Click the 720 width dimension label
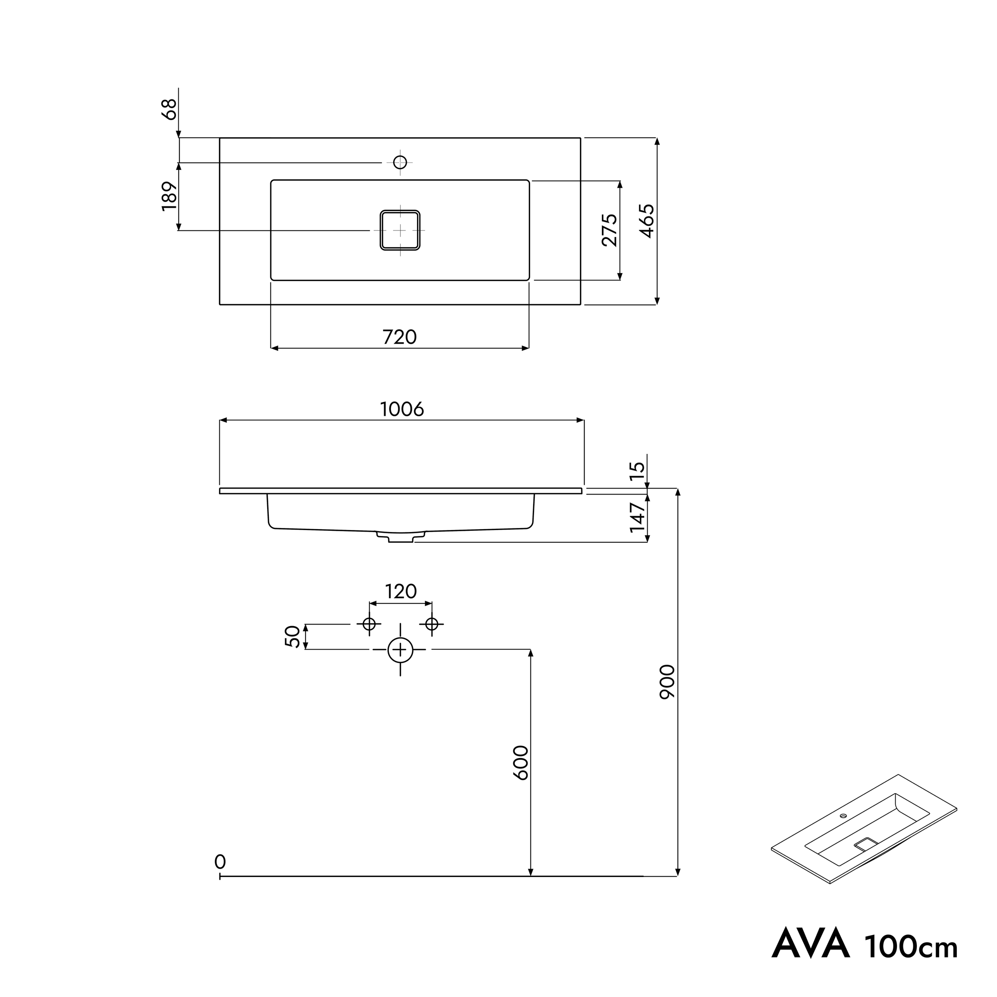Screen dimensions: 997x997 pyautogui.click(x=400, y=337)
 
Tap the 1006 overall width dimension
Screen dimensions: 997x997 pyautogui.click(x=402, y=409)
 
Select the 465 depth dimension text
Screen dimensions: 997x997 pyautogui.click(x=647, y=221)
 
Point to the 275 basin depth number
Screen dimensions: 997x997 pyautogui.click(x=609, y=230)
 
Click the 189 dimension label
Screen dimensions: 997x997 pyautogui.click(x=169, y=196)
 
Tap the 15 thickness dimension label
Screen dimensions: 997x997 pyautogui.click(x=638, y=471)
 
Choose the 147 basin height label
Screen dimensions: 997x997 pyautogui.click(x=638, y=517)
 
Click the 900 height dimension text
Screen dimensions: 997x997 pyautogui.click(x=667, y=682)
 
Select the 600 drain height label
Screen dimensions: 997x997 pyautogui.click(x=521, y=763)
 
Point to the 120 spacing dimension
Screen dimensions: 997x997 pyautogui.click(x=401, y=591)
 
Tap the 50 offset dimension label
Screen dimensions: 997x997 pyautogui.click(x=292, y=636)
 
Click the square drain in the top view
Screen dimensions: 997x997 pyautogui.click(x=400, y=230)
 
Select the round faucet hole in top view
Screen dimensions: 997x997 pyautogui.click(x=400, y=162)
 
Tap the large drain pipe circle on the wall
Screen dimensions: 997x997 pyautogui.click(x=400, y=649)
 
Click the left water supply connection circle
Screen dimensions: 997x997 pyautogui.click(x=369, y=624)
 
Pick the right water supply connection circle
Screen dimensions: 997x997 pyautogui.click(x=432, y=624)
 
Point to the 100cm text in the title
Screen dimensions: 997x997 pyautogui.click(x=911, y=946)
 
